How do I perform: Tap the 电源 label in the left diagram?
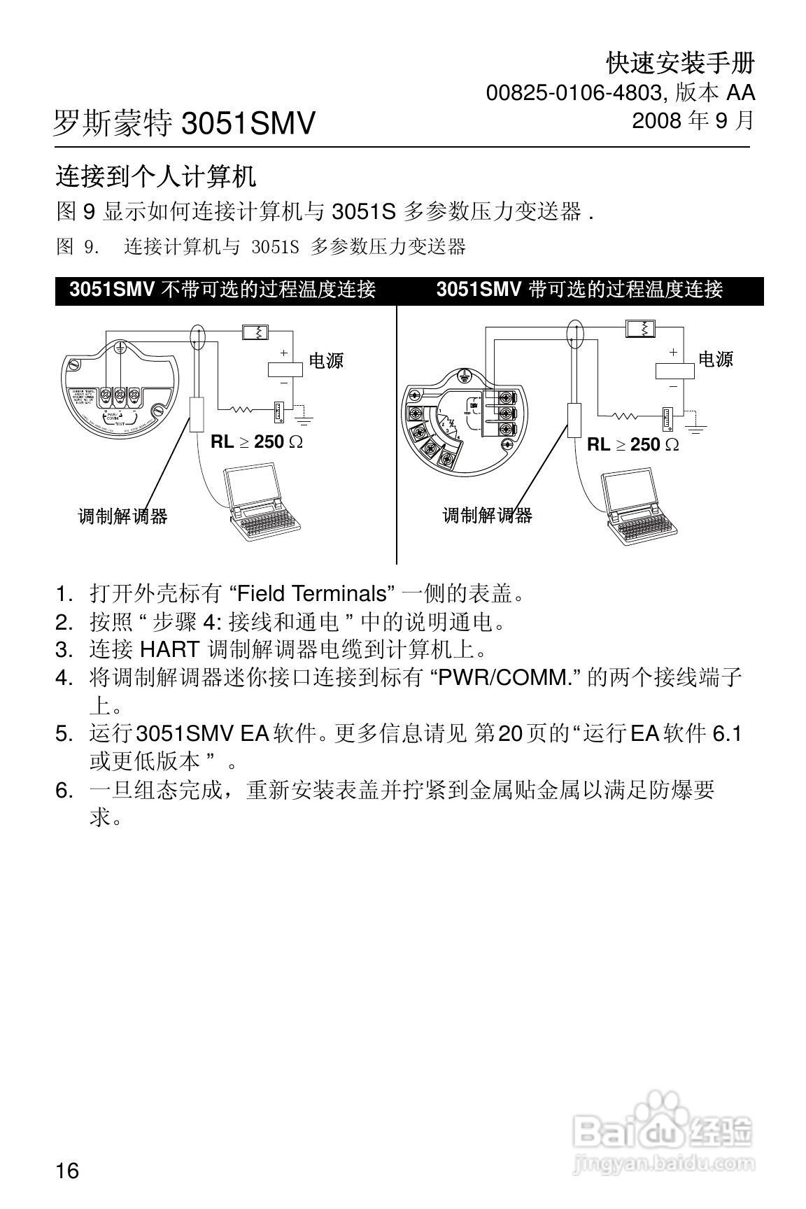pyautogui.click(x=326, y=361)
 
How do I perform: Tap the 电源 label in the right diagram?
pyautogui.click(x=715, y=360)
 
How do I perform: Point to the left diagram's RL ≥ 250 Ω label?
pyautogui.click(x=256, y=442)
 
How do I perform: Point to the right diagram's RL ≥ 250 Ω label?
pyautogui.click(x=632, y=444)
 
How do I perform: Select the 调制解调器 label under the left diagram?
pyautogui.click(x=122, y=517)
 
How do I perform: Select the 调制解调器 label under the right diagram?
pyautogui.click(x=487, y=516)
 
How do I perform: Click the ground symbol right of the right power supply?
pyautogui.click(x=697, y=424)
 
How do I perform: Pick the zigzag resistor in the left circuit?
pyautogui.click(x=241, y=409)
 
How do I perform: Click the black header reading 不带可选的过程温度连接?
pyautogui.click(x=223, y=290)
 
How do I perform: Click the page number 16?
pyautogui.click(x=67, y=1171)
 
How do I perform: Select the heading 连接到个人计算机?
pyautogui.click(x=156, y=176)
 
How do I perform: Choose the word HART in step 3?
pyautogui.click(x=169, y=649)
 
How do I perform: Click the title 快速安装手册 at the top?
pyautogui.click(x=680, y=64)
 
